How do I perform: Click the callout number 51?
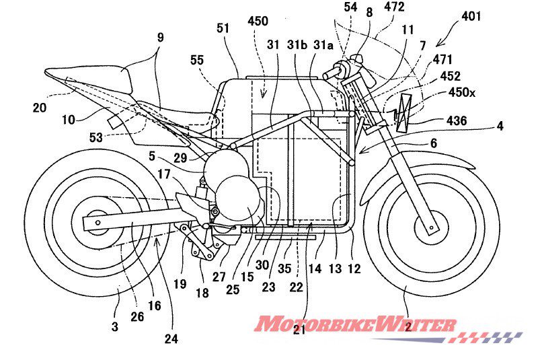pos(223,28)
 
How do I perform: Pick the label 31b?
pos(295,46)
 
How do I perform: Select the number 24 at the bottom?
pos(171,339)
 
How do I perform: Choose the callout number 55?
pos(197,61)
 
